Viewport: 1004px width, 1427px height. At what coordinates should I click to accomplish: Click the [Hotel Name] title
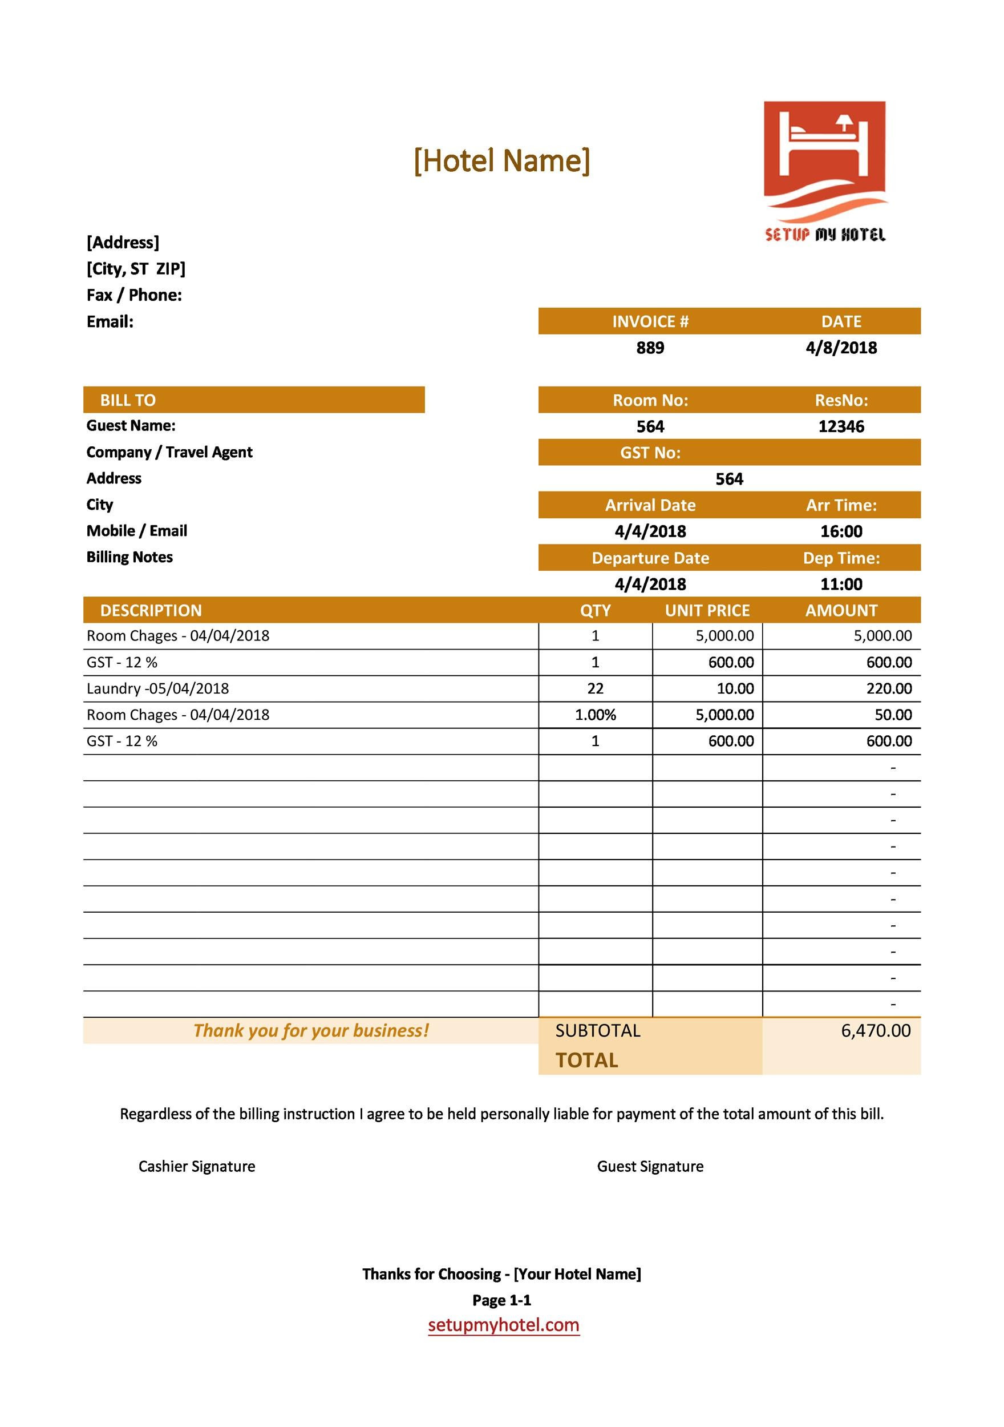[x=501, y=161]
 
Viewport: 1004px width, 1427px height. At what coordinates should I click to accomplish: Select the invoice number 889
[x=650, y=348]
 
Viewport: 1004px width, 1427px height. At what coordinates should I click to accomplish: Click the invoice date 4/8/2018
[x=841, y=348]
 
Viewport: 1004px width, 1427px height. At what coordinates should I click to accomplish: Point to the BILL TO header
[x=128, y=400]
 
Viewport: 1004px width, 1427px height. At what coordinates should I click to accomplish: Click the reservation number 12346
[x=841, y=427]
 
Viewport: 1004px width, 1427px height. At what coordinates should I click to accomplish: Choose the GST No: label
[x=650, y=453]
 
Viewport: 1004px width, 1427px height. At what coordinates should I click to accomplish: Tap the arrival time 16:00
[x=841, y=531]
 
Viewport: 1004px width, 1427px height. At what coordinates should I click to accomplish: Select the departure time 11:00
[x=841, y=584]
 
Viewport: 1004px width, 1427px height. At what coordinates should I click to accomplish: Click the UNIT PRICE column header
[x=707, y=611]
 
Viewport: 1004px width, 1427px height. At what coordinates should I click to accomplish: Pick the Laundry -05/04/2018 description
[x=158, y=688]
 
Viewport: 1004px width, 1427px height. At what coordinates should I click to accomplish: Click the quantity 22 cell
[x=595, y=688]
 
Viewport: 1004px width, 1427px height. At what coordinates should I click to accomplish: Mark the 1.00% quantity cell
[x=595, y=715]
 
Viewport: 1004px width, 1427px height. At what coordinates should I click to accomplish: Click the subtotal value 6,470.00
[x=876, y=1031]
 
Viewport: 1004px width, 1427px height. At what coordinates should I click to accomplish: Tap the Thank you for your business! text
[x=311, y=1031]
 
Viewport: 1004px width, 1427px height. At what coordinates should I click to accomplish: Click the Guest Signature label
[x=650, y=1167]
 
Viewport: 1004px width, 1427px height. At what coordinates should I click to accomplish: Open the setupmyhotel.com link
[x=503, y=1325]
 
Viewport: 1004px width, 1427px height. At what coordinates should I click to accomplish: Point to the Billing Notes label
[x=129, y=558]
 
